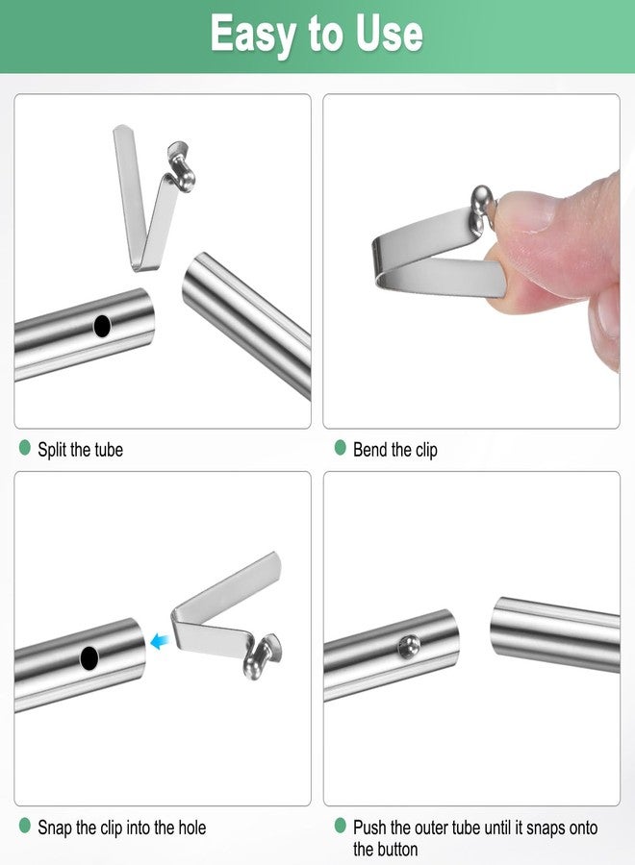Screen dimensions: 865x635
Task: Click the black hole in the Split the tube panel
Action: point(102,326)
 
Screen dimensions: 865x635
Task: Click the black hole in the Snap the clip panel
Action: point(89,658)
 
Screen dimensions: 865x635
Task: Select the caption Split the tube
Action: point(80,449)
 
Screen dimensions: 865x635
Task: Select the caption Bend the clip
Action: point(394,449)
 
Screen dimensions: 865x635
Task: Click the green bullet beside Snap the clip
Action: point(25,826)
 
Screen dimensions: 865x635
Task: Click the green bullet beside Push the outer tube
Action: point(340,826)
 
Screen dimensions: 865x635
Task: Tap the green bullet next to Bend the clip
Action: point(340,448)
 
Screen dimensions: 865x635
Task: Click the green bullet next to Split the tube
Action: point(25,448)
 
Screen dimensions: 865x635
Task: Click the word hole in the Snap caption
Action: point(188,827)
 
